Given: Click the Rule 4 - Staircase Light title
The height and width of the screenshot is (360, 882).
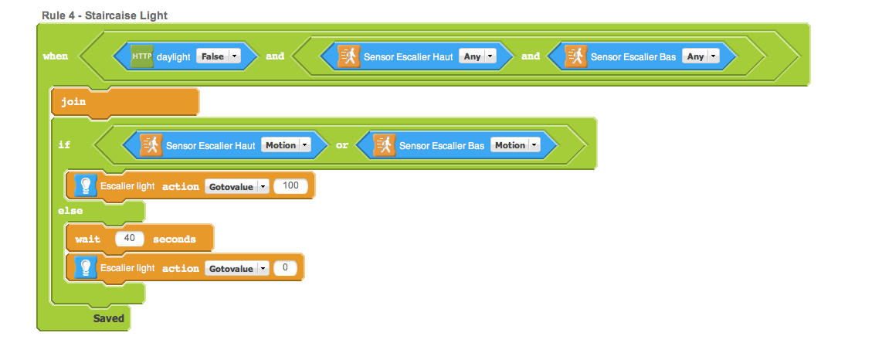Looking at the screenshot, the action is (104, 15).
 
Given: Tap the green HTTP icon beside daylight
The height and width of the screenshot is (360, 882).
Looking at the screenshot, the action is (142, 56).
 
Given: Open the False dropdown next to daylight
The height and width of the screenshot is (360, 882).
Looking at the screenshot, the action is (219, 56).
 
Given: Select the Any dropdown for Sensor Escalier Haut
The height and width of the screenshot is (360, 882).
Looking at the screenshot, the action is (477, 56).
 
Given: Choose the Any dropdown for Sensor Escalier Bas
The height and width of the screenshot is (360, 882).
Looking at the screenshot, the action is (701, 56).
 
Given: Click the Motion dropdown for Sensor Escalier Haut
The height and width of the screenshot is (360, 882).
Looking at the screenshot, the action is (285, 145).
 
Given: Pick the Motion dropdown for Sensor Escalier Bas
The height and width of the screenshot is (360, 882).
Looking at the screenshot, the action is (515, 145).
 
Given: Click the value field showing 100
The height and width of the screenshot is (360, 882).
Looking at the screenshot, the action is (291, 186).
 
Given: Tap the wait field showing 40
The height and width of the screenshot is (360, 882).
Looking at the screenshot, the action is (130, 239).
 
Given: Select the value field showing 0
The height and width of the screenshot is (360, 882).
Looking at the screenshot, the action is (285, 268).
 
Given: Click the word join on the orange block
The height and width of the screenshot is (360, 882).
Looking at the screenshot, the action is (73, 103).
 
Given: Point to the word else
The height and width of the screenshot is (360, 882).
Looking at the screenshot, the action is (70, 211).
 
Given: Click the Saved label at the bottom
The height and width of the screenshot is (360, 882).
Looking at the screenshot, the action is (109, 318).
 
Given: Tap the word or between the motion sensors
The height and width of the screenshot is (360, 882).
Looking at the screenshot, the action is (342, 145).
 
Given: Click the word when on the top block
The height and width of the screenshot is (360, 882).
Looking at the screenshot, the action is (55, 56).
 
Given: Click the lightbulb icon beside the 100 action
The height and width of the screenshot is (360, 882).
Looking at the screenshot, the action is (86, 186).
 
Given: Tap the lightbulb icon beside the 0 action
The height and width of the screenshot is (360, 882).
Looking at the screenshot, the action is (86, 268).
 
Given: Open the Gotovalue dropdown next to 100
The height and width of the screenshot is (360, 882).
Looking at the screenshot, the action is (236, 186).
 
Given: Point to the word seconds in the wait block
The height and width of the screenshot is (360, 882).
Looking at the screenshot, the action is (175, 239).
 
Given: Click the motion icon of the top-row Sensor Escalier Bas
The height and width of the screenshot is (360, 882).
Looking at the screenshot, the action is (576, 56).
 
